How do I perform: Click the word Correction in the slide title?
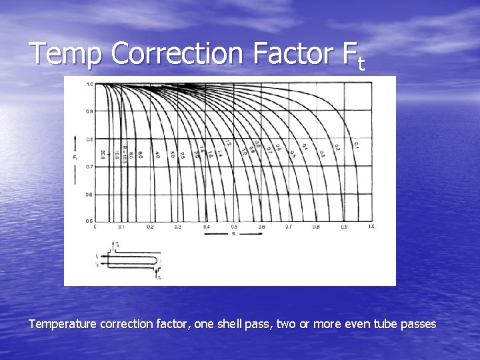(x=176, y=53)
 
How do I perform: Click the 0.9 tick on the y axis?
(x=89, y=111)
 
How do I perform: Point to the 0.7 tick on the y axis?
(x=89, y=167)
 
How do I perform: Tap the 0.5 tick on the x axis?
(x=233, y=227)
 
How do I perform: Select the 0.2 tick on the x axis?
(x=150, y=227)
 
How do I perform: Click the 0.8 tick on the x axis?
(x=316, y=227)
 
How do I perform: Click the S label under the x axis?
(x=233, y=235)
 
